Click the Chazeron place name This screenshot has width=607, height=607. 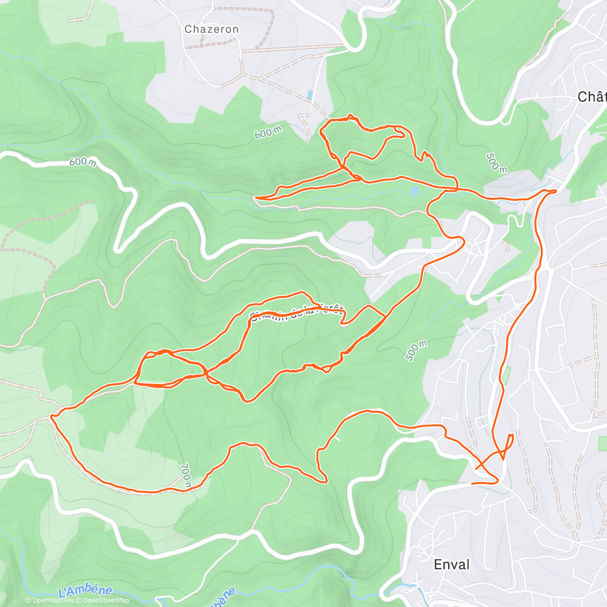[211, 29]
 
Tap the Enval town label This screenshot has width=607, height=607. [452, 565]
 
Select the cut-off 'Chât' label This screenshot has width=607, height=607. [592, 97]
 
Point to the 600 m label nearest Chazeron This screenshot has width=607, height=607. [268, 133]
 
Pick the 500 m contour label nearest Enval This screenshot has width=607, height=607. [416, 351]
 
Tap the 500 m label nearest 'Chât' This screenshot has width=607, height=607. [496, 162]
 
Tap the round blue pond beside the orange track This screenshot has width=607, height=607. [415, 190]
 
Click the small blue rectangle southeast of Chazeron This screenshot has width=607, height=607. [309, 95]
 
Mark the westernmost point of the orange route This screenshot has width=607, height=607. [51, 417]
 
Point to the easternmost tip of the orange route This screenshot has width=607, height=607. [556, 190]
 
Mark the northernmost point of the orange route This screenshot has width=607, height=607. [350, 116]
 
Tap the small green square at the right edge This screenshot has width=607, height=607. [602, 441]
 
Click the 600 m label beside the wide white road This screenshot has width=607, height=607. [82, 162]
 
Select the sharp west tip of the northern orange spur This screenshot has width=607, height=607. [256, 197]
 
